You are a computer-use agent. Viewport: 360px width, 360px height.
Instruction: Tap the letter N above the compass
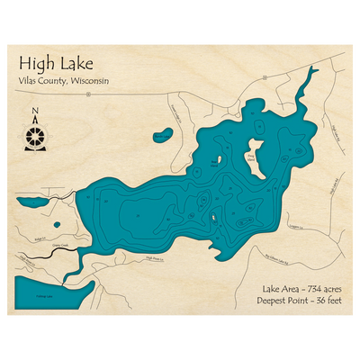[34, 113]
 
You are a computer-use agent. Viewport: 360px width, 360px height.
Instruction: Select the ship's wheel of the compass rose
[34, 136]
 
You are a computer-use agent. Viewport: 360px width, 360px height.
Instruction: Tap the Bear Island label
[213, 163]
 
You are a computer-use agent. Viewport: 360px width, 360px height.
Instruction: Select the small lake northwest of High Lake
[164, 137]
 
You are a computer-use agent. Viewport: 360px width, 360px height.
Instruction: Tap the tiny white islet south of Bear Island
[213, 216]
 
